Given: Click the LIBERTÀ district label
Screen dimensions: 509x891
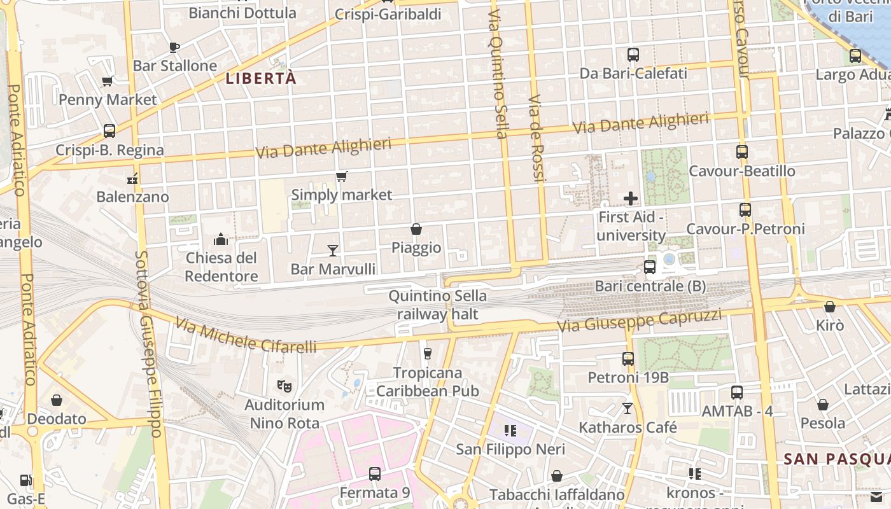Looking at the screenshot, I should (262, 78).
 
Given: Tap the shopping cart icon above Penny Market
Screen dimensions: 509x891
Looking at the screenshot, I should (108, 81).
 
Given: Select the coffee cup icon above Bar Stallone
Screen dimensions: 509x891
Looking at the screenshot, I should (174, 46).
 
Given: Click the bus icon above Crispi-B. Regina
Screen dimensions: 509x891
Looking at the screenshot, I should (109, 131).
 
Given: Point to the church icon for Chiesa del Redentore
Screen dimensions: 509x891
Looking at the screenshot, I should (221, 239).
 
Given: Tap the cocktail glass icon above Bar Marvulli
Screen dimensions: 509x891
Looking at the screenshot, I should (332, 250).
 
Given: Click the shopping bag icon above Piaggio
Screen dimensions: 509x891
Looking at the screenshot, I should (416, 229).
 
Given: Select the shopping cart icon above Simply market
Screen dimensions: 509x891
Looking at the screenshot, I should (342, 176).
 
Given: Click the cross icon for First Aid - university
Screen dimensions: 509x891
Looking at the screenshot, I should (631, 199).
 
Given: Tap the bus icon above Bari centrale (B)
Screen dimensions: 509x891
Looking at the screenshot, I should (650, 267).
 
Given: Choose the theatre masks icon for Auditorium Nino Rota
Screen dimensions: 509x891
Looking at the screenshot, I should (284, 386).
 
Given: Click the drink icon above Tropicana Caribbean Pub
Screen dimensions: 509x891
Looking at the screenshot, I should (427, 354).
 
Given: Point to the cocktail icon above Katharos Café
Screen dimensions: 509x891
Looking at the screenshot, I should (628, 408).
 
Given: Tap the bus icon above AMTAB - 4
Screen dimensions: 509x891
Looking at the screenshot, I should (737, 393).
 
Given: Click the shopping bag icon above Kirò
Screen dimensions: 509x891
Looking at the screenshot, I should (829, 307).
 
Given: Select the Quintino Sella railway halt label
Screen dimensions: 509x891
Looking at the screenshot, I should (437, 305).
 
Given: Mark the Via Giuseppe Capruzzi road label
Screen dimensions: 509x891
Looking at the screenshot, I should (640, 320).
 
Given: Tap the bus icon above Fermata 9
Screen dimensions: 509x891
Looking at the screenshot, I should (375, 474).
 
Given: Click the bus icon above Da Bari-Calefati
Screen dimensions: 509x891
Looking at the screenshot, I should (633, 55).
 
